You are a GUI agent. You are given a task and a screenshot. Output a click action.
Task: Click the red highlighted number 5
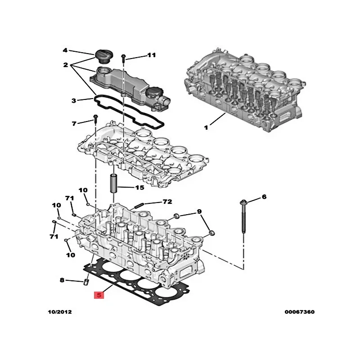[99, 295]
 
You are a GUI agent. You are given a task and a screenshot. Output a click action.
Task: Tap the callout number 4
[65, 50]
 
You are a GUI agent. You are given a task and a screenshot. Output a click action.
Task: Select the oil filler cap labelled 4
[103, 56]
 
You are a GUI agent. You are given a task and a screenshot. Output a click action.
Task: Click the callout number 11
[151, 55]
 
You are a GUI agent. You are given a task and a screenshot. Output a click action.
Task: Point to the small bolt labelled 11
[123, 58]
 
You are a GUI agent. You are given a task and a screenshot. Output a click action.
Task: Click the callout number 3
[74, 100]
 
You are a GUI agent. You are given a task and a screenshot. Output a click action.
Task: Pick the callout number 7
[74, 124]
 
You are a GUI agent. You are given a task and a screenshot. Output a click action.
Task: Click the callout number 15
[139, 188]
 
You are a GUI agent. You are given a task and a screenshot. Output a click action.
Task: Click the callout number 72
[167, 202]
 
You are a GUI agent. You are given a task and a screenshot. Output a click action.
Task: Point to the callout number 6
[264, 197]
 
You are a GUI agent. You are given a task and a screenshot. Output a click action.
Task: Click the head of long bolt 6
[243, 202]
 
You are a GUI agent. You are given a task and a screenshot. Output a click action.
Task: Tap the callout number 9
[199, 211]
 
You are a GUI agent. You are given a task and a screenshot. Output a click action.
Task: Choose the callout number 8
[62, 280]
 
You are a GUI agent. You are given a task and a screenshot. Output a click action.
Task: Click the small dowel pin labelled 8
[86, 282]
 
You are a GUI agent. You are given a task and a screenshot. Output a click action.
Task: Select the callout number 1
[206, 127]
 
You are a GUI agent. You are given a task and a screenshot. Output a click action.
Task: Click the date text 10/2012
[60, 312]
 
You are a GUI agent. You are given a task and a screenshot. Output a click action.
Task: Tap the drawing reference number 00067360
[300, 312]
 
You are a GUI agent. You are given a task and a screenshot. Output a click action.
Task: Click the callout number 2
[66, 65]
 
